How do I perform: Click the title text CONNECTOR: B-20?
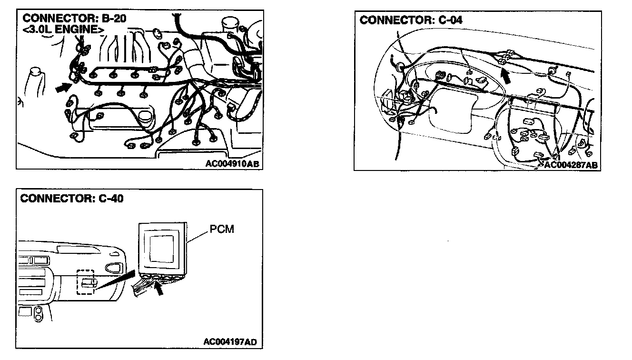(x=75, y=19)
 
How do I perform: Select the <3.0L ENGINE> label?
(x=63, y=30)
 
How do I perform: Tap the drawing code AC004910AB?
(x=232, y=163)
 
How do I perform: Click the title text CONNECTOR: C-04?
(x=411, y=20)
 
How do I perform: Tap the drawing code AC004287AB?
(x=570, y=165)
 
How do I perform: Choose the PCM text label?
(x=222, y=229)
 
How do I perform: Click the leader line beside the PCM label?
(x=198, y=235)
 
